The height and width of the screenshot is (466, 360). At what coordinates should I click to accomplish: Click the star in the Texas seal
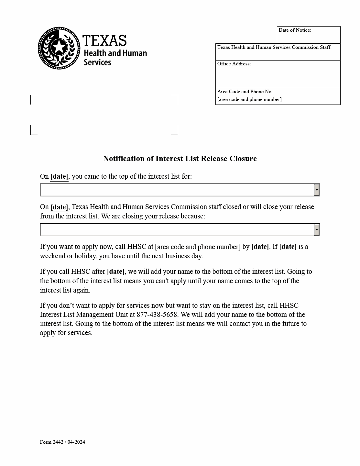point(59,47)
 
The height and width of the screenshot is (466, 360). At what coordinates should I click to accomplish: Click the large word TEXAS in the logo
point(104,41)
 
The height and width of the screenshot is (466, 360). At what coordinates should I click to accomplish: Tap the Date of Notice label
point(295,30)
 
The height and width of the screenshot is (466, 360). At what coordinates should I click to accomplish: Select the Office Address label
point(234,64)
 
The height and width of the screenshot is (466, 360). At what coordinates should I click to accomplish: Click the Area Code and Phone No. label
point(245,92)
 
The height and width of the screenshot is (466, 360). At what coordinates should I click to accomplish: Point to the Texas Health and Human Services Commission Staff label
point(274,47)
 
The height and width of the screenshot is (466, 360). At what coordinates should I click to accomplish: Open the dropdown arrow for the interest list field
point(317,190)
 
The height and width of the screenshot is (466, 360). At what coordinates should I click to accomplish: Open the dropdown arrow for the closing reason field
point(317,230)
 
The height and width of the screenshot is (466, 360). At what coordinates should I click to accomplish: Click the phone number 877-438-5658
point(157,315)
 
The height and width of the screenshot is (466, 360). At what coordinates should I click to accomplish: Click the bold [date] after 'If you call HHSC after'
point(115,272)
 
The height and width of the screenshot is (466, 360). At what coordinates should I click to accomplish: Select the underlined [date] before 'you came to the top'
point(59,176)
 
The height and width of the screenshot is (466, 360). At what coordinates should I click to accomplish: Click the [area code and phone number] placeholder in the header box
point(249,99)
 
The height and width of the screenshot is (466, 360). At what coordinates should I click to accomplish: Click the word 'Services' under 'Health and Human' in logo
point(97,62)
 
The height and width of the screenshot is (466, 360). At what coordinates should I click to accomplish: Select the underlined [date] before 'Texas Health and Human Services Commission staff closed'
point(59,207)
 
